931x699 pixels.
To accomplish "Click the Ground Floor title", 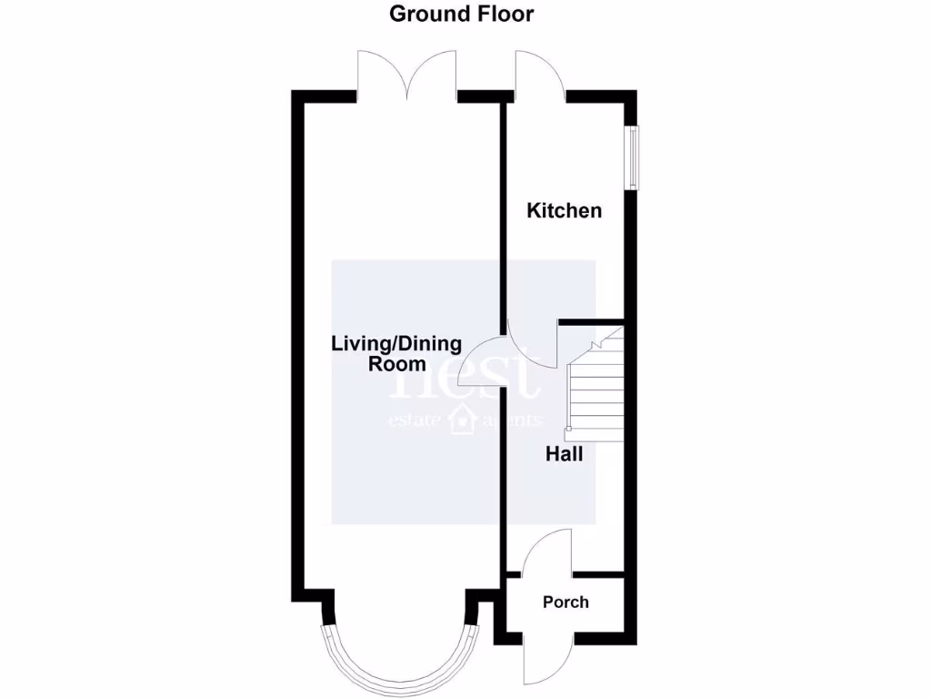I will point(461,14).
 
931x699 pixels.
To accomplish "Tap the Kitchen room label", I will point(565,210).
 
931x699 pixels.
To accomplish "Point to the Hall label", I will point(564,453).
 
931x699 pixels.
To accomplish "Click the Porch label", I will point(566,602).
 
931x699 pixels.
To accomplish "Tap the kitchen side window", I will point(632,157).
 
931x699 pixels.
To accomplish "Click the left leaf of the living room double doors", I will point(383,75).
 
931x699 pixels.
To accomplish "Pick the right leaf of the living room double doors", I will point(433,75).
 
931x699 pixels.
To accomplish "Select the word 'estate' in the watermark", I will point(415,420).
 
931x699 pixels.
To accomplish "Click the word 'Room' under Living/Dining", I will point(396,364).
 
